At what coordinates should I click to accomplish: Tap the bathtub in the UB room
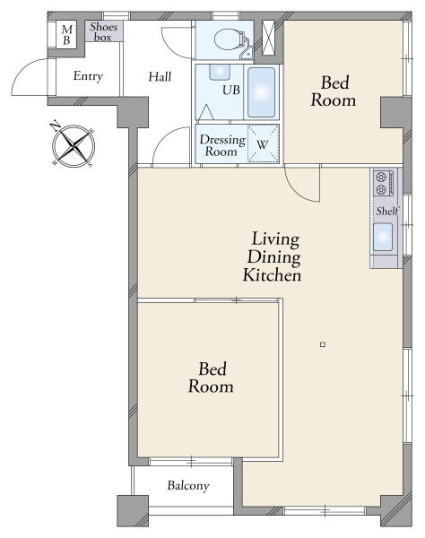261,92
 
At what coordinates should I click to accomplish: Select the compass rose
74,145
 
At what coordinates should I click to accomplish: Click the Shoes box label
103,32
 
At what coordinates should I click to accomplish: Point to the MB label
66,35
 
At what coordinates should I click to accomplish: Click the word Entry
88,76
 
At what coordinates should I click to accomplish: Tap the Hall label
160,76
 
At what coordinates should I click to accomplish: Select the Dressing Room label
222,145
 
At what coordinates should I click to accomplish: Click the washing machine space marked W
263,143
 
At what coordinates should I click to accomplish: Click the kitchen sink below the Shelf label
383,237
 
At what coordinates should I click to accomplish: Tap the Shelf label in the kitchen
387,211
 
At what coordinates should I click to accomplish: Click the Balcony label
188,486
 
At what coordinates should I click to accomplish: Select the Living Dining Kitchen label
273,257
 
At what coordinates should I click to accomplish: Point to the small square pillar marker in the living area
323,344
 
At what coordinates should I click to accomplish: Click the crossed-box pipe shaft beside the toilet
269,38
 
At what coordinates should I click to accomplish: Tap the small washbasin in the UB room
220,72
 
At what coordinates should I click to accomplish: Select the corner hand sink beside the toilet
247,53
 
